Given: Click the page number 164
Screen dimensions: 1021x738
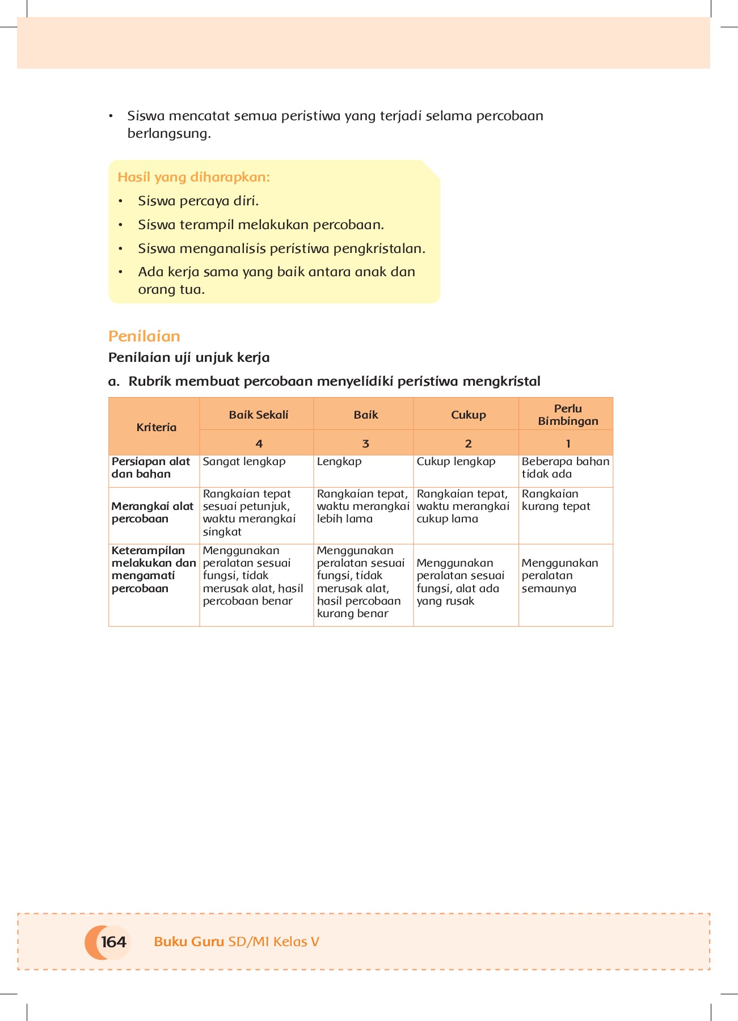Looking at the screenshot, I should (x=113, y=942).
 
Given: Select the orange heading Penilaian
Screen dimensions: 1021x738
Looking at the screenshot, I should (x=144, y=336).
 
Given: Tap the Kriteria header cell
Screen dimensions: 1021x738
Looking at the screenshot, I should (x=156, y=427).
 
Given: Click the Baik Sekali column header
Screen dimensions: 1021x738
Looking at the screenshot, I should (x=258, y=415).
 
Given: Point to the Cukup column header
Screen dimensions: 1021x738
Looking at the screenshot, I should (x=468, y=415).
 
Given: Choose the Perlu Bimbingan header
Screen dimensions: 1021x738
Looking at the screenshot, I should (x=568, y=415).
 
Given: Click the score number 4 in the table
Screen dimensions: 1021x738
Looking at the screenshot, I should (x=259, y=444).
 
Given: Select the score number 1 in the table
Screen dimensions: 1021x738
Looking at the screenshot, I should (x=568, y=444).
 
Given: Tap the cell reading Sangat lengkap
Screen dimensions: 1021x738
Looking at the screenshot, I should (x=244, y=462).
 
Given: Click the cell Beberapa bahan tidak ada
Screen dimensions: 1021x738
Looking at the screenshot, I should (x=565, y=468).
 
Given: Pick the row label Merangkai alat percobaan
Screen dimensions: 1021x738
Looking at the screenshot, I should (x=152, y=513).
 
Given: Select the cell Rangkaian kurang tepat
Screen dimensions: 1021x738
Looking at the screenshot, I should (x=555, y=500).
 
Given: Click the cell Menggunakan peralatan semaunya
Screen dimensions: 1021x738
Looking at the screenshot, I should (x=559, y=576).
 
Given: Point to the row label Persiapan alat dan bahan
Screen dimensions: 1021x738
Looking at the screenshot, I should (x=150, y=468).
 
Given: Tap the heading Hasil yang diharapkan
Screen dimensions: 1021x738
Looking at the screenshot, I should (x=193, y=178).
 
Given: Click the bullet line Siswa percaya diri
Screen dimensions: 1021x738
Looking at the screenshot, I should (x=198, y=201).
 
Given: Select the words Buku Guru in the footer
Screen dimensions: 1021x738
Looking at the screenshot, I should (x=189, y=942).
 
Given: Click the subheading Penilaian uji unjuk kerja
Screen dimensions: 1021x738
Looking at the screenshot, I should (x=189, y=358).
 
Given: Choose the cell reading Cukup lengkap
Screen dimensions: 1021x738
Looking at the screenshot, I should (x=456, y=462).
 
